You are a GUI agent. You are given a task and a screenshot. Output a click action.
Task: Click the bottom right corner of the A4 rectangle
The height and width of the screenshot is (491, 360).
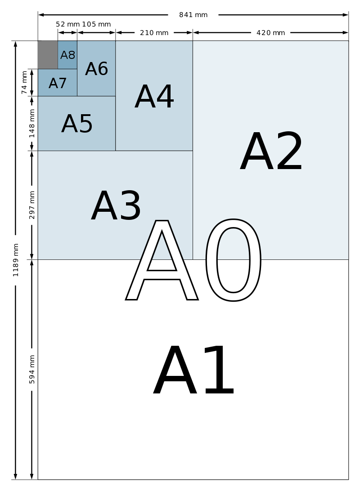tap(193, 151)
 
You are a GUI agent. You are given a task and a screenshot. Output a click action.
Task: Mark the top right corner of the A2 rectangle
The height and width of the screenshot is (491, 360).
tap(348, 41)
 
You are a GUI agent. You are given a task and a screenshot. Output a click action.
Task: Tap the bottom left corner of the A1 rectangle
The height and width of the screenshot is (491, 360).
tap(38, 479)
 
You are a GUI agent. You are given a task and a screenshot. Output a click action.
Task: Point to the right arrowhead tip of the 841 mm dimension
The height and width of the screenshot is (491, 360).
tap(348, 15)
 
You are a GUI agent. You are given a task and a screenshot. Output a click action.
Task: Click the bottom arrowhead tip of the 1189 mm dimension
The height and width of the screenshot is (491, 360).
tap(15, 479)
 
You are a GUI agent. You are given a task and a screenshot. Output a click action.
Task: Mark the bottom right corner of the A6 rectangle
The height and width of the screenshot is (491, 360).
tap(115, 96)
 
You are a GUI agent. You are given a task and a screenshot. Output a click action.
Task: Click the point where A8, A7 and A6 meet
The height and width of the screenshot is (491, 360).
tap(77, 69)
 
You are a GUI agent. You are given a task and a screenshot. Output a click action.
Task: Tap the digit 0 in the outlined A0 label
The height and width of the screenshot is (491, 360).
tap(234, 260)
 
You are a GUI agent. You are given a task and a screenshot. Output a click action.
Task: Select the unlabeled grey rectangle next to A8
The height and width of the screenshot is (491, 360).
tap(48, 55)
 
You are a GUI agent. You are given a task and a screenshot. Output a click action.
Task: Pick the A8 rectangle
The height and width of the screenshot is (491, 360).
tap(67, 55)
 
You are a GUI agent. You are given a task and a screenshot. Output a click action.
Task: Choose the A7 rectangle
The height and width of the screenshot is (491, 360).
tap(57, 82)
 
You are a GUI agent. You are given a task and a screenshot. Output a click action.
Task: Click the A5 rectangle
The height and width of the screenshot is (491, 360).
tap(76, 123)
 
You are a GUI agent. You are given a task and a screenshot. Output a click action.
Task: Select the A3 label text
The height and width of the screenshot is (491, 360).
tap(116, 205)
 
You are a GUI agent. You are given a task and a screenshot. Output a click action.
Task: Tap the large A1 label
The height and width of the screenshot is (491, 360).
tap(193, 370)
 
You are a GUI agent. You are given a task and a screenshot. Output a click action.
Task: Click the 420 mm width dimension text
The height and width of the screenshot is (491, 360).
tap(271, 32)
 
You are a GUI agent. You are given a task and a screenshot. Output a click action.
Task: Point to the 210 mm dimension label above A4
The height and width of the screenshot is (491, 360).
tap(154, 32)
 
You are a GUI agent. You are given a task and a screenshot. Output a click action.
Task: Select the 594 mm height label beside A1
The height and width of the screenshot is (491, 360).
tap(31, 370)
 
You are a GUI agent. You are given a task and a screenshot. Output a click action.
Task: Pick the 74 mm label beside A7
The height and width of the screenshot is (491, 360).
tap(24, 82)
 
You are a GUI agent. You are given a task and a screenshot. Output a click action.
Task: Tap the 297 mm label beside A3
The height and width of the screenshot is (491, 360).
tap(31, 205)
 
